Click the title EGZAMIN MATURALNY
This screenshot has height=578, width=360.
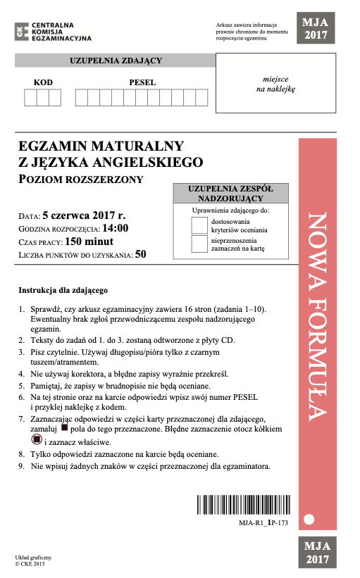coord(102,146)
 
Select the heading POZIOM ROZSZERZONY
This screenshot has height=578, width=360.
coord(82,179)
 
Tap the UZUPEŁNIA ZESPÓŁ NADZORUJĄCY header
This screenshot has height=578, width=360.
coord(230,194)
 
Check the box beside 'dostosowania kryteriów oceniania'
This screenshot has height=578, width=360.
coord(199,225)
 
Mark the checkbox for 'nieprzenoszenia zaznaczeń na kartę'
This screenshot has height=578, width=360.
coord(199,244)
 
